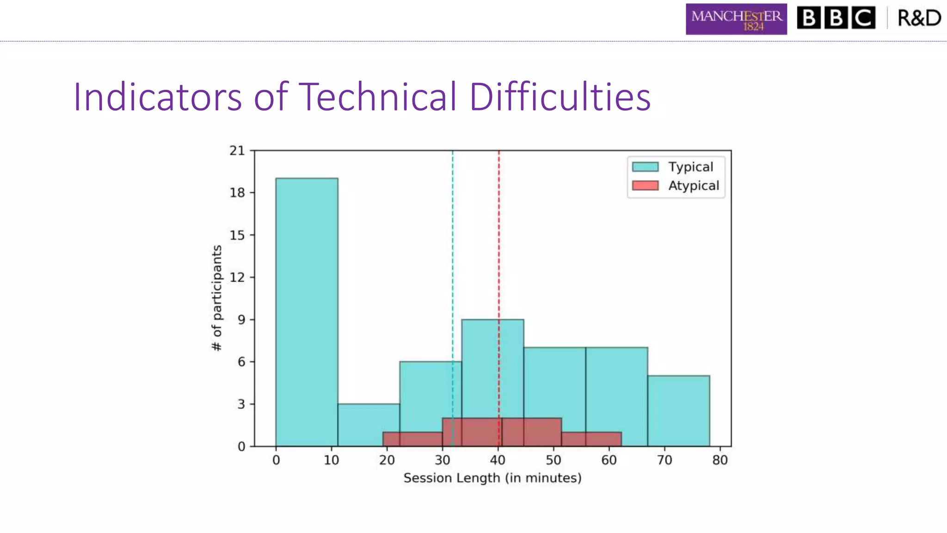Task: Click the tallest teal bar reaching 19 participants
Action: click(x=307, y=312)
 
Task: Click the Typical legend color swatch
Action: click(x=645, y=167)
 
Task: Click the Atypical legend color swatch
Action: click(x=645, y=186)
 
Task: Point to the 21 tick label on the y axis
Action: click(x=237, y=150)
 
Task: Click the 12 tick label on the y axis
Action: click(x=237, y=277)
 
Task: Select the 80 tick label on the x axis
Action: click(x=720, y=460)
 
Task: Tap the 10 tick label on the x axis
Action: click(x=331, y=460)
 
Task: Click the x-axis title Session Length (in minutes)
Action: click(x=492, y=478)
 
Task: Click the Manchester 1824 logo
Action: click(x=736, y=19)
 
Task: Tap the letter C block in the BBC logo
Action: click(x=863, y=18)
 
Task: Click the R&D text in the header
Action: click(x=919, y=19)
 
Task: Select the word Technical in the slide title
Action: click(x=378, y=97)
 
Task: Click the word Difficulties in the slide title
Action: click(x=560, y=97)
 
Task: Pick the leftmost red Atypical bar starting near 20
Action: click(x=412, y=439)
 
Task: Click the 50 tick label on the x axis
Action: click(x=553, y=460)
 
